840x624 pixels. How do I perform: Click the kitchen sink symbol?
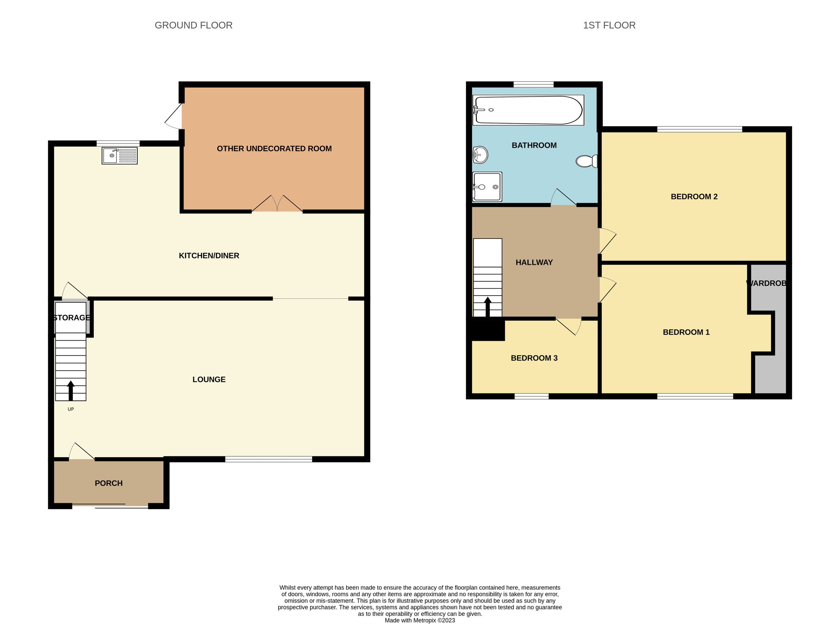tap(119, 156)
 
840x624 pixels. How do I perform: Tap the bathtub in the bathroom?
tap(528, 110)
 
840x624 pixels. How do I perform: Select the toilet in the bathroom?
tap(586, 161)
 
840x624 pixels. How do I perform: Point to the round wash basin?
tap(480, 155)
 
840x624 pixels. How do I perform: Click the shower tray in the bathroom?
tap(488, 186)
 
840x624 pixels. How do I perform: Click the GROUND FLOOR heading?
tap(194, 25)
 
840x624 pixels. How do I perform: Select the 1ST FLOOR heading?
tap(609, 25)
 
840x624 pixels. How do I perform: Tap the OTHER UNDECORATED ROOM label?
tap(274, 149)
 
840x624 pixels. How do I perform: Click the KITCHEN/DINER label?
tap(209, 256)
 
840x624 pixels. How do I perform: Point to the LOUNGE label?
tap(209, 380)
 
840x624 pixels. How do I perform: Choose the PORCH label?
tap(108, 483)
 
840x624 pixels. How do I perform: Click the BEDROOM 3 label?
tap(534, 358)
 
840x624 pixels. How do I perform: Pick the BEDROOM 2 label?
tap(694, 197)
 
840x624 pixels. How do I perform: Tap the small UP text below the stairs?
tap(71, 409)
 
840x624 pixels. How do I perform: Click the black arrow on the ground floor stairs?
tap(71, 391)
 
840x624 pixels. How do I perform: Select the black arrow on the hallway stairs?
tap(488, 307)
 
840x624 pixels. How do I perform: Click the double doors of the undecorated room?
tap(277, 204)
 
